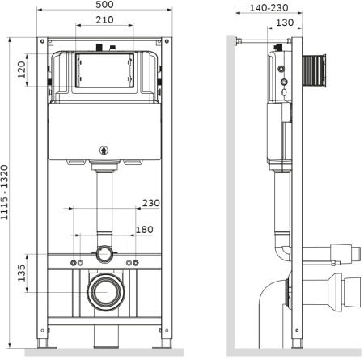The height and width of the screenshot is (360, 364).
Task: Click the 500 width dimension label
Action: pyautogui.click(x=104, y=5)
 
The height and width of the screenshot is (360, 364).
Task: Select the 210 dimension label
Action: pyautogui.click(x=104, y=20)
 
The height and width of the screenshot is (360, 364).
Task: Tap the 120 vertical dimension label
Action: pyautogui.click(x=22, y=70)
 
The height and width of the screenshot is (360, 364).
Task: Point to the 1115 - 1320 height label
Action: pyautogui.click(x=5, y=193)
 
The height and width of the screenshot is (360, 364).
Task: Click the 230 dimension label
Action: pyautogui.click(x=151, y=203)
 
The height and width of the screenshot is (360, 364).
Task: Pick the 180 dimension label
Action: pyautogui.click(x=145, y=230)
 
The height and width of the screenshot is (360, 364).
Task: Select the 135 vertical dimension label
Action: pyautogui.click(x=22, y=273)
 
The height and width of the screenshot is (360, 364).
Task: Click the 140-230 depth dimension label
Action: pyautogui.click(x=269, y=8)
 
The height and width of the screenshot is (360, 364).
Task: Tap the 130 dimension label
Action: pyautogui.click(x=285, y=23)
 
